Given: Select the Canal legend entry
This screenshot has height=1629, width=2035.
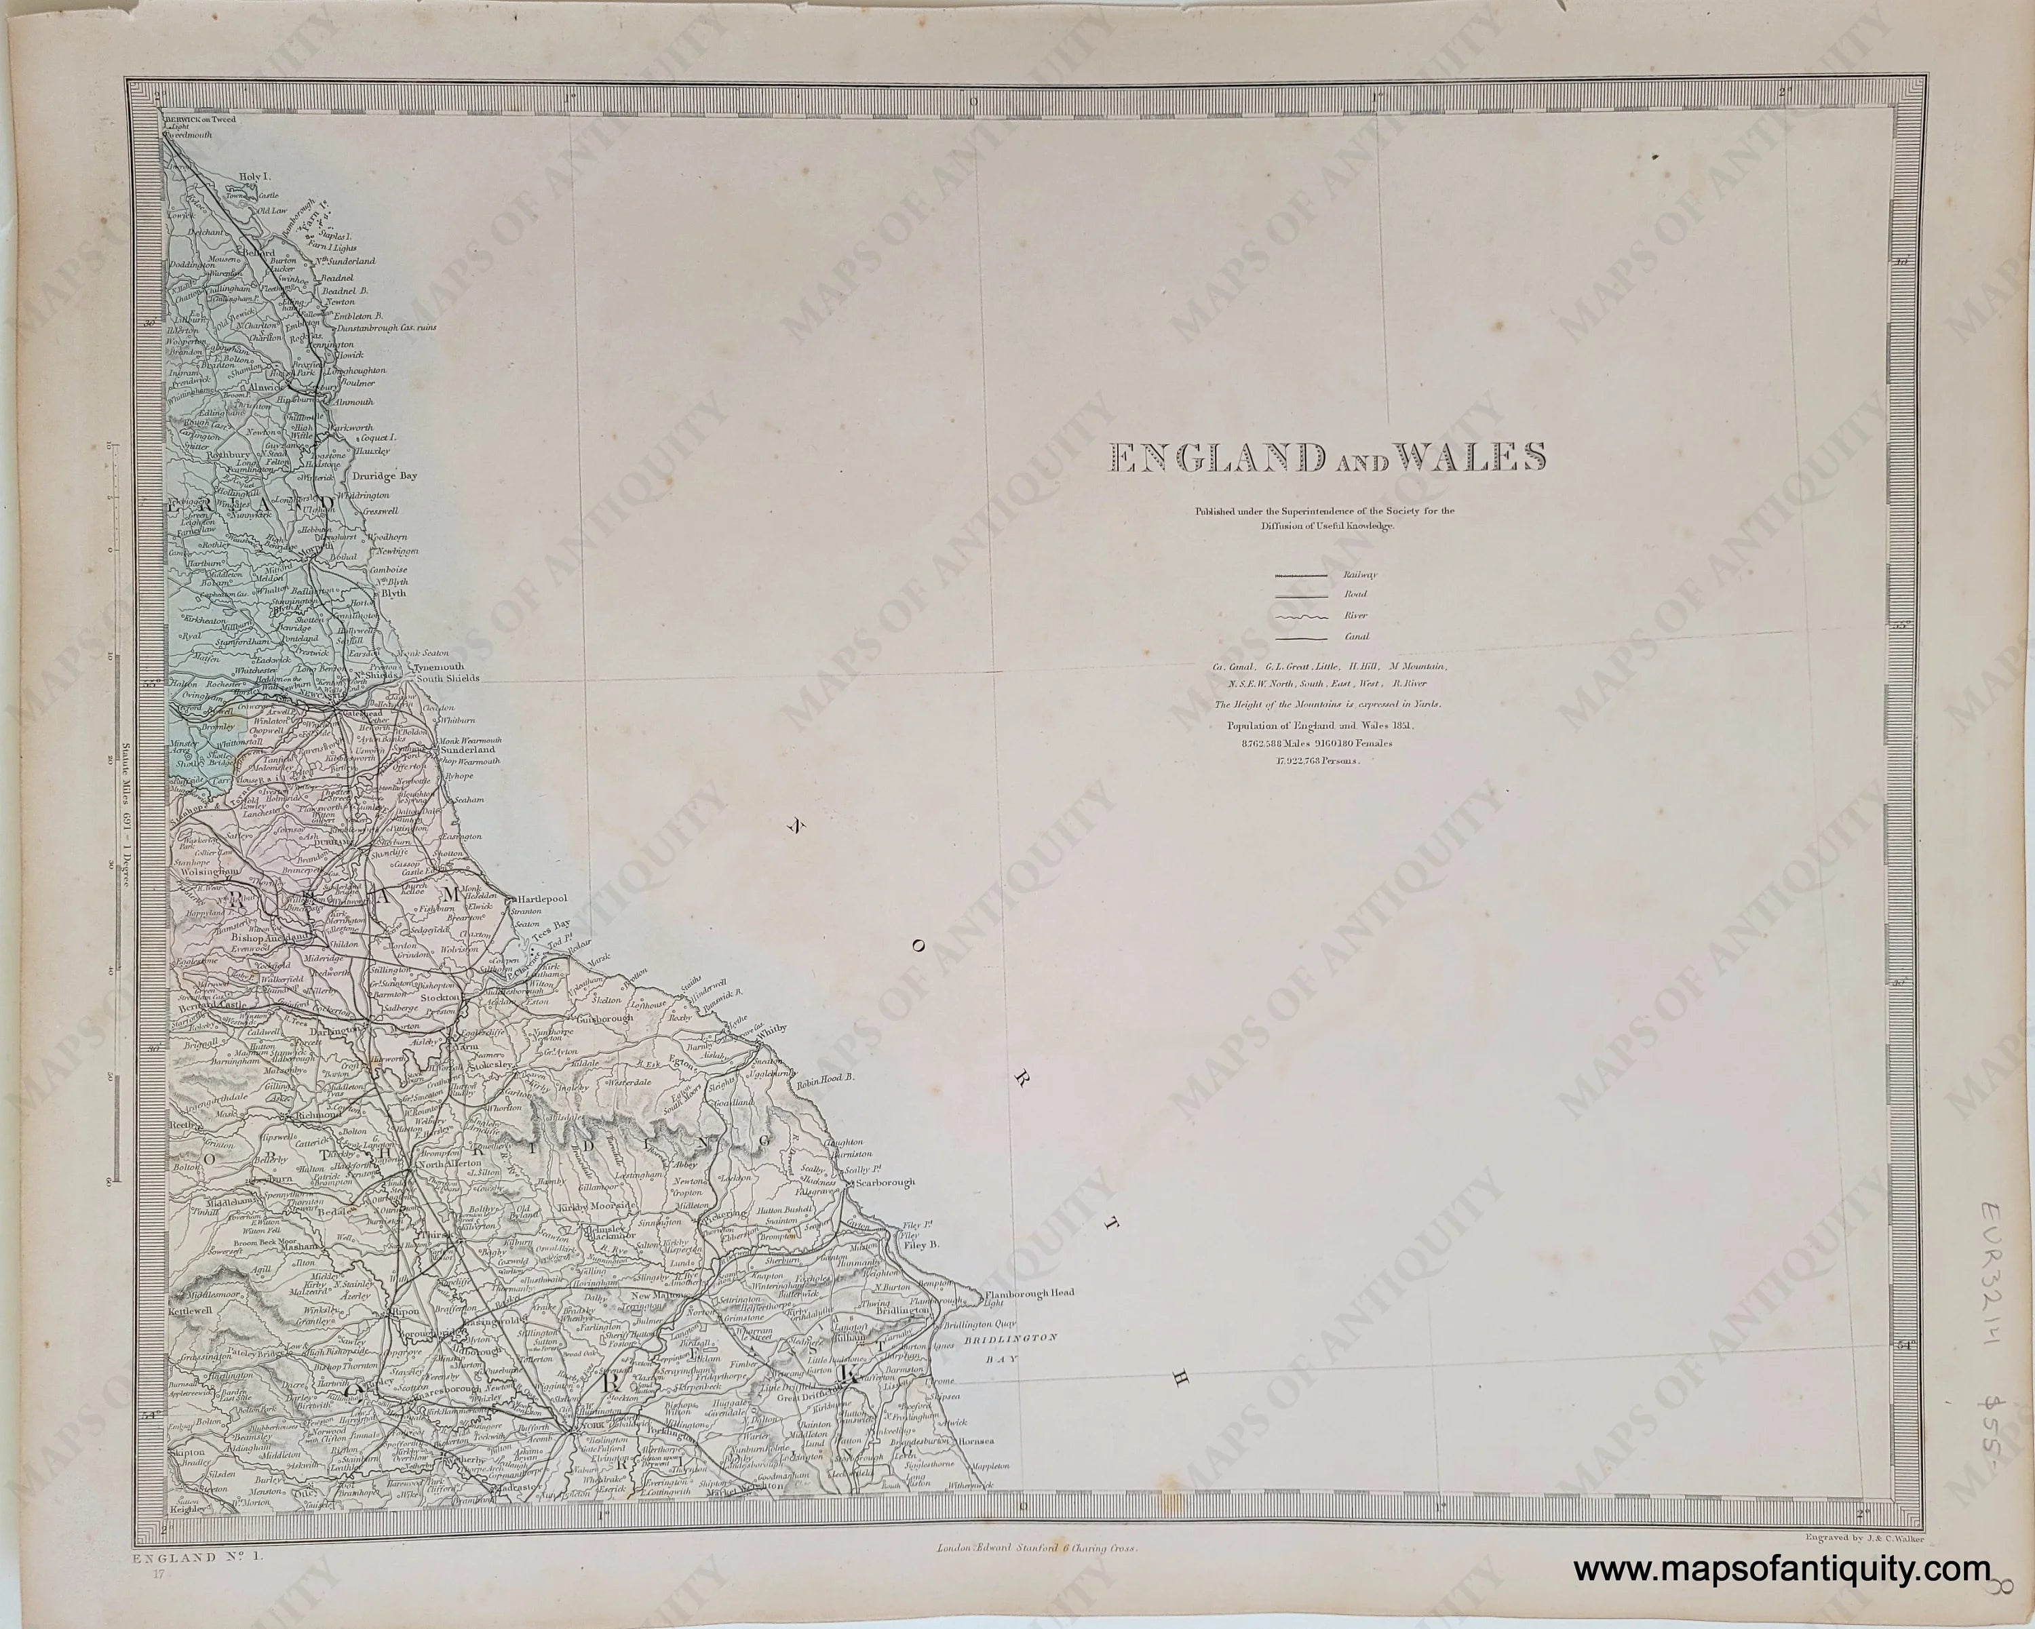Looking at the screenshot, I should (1357, 637).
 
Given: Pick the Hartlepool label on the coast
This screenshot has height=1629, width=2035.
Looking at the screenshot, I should (541, 899).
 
